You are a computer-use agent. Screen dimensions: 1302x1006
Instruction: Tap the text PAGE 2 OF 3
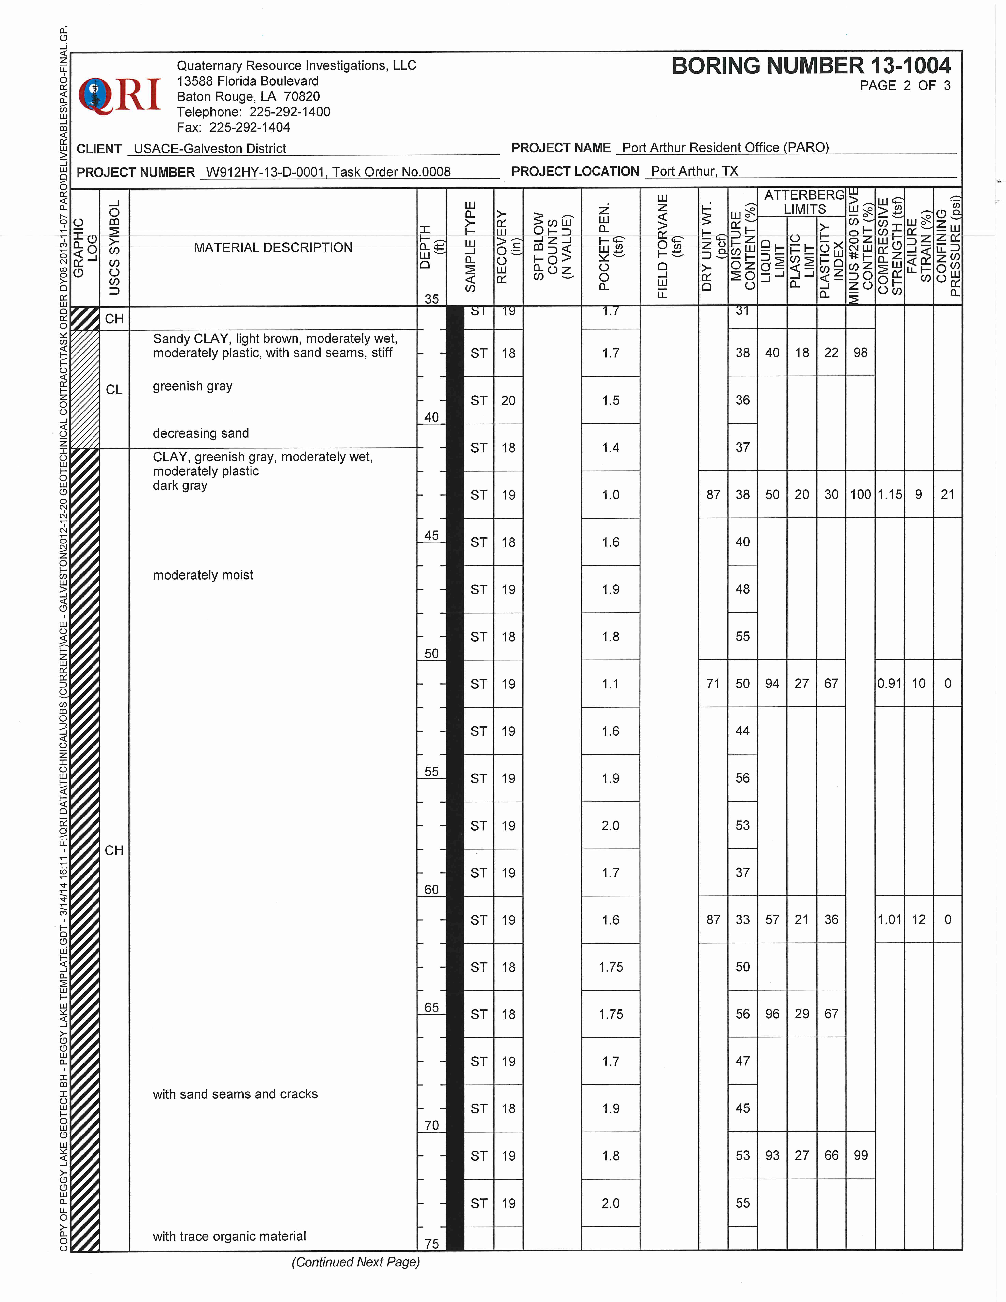[x=905, y=86]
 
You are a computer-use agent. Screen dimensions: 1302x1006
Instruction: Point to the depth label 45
[x=431, y=535]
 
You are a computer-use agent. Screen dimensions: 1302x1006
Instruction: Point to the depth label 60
[x=431, y=890]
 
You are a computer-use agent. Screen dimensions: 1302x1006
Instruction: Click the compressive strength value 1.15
[x=889, y=495]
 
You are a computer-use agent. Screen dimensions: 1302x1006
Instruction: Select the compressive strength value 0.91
[x=889, y=684]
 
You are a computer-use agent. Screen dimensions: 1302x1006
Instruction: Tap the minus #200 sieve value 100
[x=860, y=495]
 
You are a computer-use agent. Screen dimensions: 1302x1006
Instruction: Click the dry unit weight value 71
[x=713, y=684]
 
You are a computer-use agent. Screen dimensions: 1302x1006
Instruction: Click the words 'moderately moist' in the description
[x=203, y=575]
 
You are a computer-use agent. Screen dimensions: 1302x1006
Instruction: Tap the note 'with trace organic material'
[x=229, y=1237]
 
